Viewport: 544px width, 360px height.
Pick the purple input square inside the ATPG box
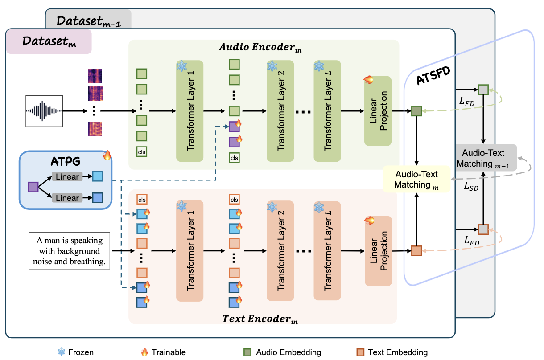click(x=33, y=187)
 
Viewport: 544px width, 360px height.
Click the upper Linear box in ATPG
click(x=67, y=176)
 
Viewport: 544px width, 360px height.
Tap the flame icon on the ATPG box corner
click(x=107, y=155)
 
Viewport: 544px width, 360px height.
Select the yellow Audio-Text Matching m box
click(x=416, y=179)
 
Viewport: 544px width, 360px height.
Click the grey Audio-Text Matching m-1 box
click(x=486, y=158)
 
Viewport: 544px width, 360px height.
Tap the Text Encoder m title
click(x=260, y=319)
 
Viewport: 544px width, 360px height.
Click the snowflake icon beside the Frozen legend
click(x=62, y=352)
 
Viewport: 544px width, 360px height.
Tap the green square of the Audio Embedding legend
click(x=247, y=352)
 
